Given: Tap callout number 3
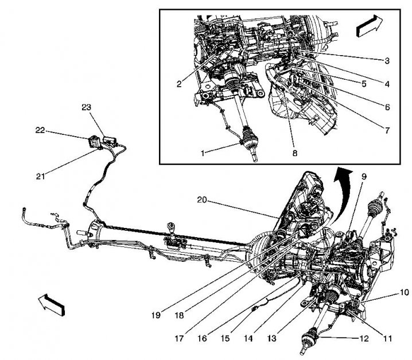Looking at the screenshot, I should [387, 60].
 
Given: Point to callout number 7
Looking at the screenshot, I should [387, 131].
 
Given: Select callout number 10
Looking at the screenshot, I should [405, 293].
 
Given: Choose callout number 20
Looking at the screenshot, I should [201, 201].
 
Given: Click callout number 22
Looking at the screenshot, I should [40, 130].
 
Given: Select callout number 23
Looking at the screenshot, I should [86, 107].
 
